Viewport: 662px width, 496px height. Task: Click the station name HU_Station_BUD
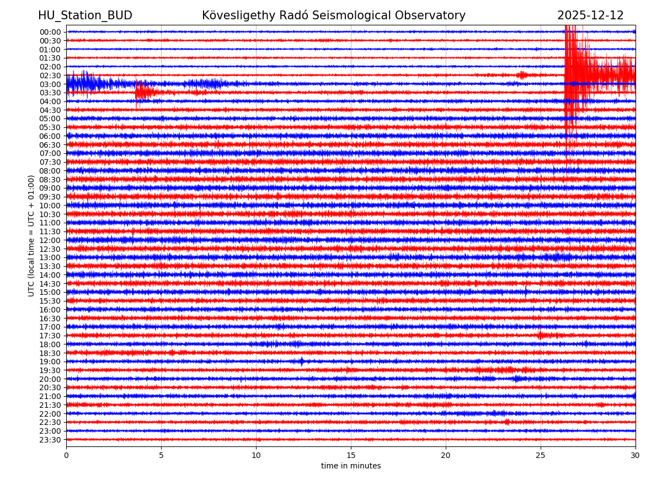85,16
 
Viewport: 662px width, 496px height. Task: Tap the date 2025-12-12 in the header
590,16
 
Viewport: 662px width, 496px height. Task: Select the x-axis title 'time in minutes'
351,466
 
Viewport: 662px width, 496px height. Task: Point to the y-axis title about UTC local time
31,235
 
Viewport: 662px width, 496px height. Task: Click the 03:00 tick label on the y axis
50,84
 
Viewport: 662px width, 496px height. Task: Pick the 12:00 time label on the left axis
50,240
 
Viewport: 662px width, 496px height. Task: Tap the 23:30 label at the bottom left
50,440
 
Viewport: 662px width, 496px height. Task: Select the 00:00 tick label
50,32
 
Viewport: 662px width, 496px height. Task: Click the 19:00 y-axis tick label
50,362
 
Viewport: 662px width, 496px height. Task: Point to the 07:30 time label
50,162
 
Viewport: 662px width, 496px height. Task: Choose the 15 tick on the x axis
351,456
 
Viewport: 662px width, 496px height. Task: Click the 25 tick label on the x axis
541,456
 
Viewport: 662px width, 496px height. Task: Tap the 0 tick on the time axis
66,456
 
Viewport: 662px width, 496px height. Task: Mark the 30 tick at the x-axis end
636,456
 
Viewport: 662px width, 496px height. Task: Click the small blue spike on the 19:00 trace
301,362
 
